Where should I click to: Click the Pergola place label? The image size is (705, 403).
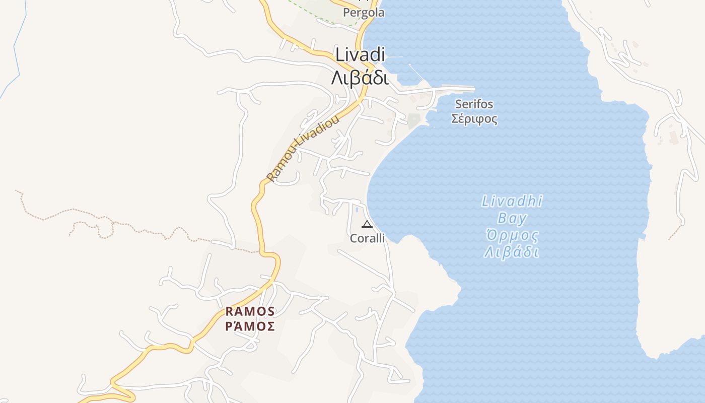pos(363,13)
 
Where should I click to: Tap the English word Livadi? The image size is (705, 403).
pos(360,54)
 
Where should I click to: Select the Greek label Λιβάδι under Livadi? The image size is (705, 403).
pos(360,78)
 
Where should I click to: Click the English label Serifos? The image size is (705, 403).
pos(474,104)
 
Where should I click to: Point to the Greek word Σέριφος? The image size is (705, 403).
pos(474,119)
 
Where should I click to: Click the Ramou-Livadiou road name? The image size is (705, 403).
pos(303,148)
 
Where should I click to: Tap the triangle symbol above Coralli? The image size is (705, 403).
pos(367,224)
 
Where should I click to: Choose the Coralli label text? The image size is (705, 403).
pos(367,238)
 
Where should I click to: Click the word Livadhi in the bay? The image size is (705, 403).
pos(512,201)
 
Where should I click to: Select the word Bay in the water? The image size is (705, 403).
pos(512,219)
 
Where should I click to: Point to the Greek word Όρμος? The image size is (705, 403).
pos(512,235)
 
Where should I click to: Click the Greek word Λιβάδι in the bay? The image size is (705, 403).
pos(512,252)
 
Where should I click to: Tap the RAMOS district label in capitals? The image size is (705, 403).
pos(250,311)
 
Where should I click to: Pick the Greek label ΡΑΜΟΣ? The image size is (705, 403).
pos(250,326)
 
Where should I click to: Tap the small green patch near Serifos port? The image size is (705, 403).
pos(413,120)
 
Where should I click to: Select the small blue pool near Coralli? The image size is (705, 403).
pos(357,209)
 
